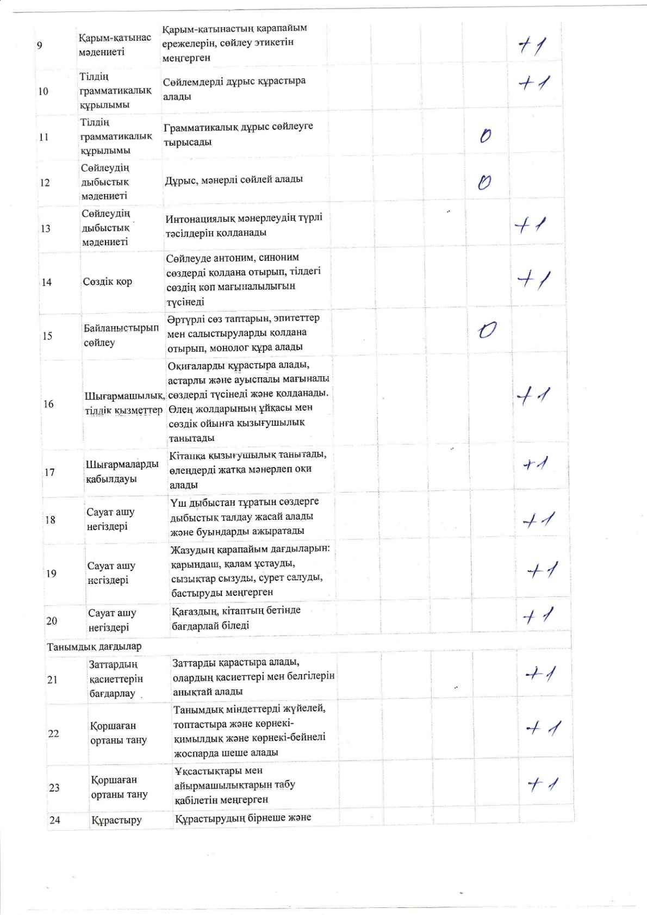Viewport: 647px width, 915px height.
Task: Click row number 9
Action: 40,45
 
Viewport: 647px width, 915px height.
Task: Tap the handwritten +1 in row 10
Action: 534,83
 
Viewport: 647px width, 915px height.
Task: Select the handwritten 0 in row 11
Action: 486,135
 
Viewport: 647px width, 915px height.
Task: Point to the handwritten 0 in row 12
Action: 484,183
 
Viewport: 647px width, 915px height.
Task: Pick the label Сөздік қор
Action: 108,282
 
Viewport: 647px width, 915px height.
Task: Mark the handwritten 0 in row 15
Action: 487,329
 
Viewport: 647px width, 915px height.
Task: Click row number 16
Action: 48,404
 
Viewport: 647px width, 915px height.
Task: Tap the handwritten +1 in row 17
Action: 536,464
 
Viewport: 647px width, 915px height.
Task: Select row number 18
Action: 50,520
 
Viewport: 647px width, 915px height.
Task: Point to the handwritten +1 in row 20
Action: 538,616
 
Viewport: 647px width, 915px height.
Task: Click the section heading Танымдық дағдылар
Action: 94,646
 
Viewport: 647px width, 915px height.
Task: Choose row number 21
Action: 52,680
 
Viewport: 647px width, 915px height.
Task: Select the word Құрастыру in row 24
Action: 116,820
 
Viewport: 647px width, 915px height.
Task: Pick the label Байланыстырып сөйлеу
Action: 121,335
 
